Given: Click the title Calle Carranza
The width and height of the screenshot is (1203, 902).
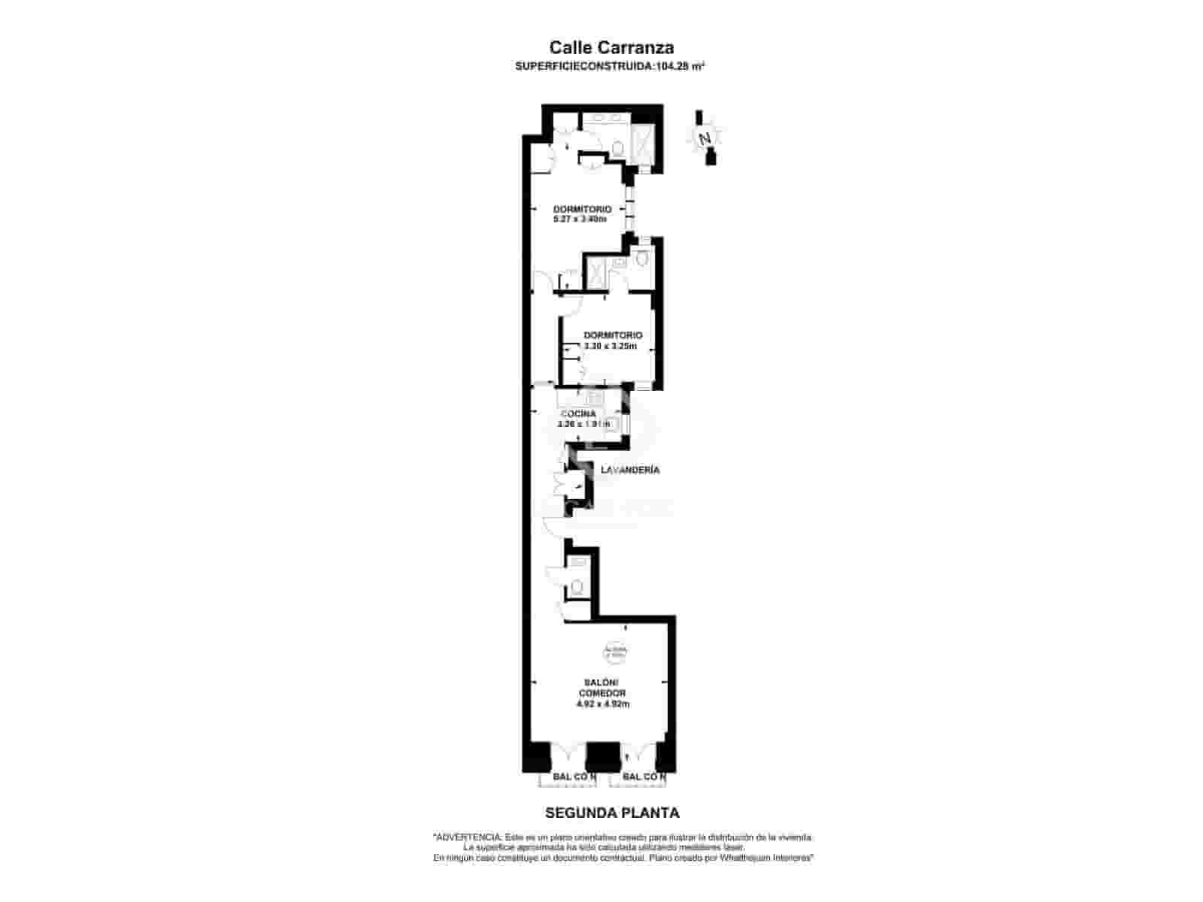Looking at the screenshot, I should [611, 47].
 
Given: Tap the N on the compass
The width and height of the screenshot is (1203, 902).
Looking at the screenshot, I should [705, 138].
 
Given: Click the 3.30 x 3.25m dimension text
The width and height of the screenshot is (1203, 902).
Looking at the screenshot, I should [611, 347].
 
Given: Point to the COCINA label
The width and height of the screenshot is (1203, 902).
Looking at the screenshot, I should [578, 413].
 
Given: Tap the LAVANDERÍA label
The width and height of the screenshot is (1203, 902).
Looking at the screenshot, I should [630, 470].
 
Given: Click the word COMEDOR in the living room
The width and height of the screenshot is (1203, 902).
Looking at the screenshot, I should [602, 693].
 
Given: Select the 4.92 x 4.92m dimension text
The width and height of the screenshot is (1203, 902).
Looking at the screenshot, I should [602, 704].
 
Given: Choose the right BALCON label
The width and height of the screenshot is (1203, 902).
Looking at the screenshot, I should [644, 776].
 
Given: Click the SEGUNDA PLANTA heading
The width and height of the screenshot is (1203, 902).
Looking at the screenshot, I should [612, 813].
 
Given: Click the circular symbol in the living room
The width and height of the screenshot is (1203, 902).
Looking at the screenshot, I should [614, 652].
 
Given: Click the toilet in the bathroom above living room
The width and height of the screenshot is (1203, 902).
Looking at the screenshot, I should [577, 586].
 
